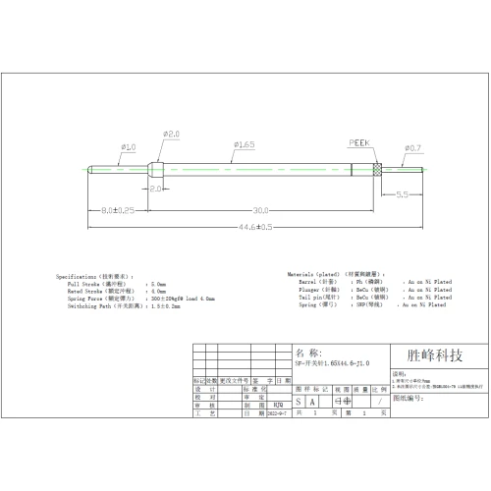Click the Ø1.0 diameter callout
coord(128,147)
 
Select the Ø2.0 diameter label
coord(170,134)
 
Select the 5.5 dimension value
coord(402,194)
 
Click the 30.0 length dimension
coord(260,209)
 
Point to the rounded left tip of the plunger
coord(89,167)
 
